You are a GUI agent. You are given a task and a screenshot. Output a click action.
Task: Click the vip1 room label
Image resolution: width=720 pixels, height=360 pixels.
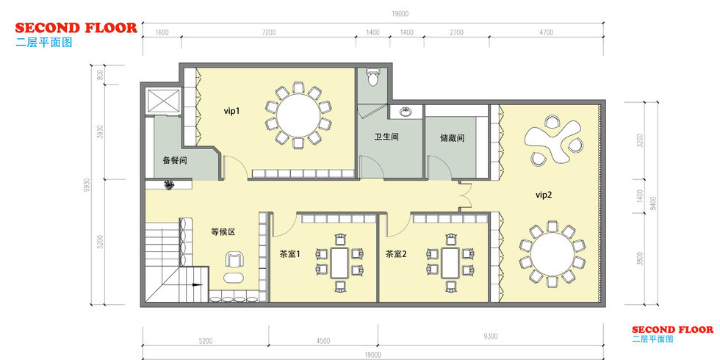pyautogui.click(x=232, y=111)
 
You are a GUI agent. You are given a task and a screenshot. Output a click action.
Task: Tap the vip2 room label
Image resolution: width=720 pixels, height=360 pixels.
pyautogui.click(x=544, y=195)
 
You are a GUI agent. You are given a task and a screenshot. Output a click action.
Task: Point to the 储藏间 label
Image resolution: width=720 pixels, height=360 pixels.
pyautogui.click(x=453, y=138)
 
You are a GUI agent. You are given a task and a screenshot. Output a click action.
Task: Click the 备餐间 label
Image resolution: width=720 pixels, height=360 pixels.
pyautogui.click(x=175, y=161)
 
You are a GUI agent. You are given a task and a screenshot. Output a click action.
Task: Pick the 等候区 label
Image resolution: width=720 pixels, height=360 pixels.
pyautogui.click(x=223, y=232)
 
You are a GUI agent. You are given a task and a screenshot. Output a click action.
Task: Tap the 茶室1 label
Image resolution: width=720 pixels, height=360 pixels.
pyautogui.click(x=289, y=253)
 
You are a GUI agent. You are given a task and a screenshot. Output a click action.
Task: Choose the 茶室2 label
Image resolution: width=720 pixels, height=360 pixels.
pyautogui.click(x=396, y=254)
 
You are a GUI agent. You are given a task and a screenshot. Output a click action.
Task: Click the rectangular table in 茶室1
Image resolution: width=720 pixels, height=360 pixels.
pyautogui.click(x=339, y=263)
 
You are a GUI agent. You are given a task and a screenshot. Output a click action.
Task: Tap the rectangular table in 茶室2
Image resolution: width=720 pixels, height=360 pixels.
pyautogui.click(x=450, y=264)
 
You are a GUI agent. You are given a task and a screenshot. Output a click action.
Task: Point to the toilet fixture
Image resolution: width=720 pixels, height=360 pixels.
pyautogui.click(x=372, y=78)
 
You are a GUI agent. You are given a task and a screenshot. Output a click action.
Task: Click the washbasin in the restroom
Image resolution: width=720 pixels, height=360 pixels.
pyautogui.click(x=405, y=112)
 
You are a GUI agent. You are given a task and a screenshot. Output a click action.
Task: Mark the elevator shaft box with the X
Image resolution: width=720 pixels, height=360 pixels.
pyautogui.click(x=163, y=101)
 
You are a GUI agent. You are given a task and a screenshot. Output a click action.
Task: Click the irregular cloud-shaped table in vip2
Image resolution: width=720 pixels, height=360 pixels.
pyautogui.click(x=553, y=140)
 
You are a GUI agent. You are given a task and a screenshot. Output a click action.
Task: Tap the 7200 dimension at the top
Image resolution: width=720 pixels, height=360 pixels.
pyautogui.click(x=269, y=32)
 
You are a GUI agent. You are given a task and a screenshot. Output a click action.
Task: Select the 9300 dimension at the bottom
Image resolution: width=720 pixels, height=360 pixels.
pyautogui.click(x=491, y=336)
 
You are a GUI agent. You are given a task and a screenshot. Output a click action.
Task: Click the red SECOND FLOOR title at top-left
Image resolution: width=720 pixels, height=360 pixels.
pyautogui.click(x=76, y=28)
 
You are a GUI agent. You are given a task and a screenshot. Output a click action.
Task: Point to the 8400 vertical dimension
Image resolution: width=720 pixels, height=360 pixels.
pyautogui.click(x=655, y=203)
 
